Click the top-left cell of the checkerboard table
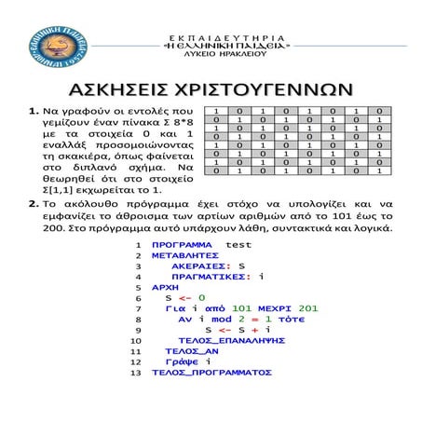(x=215, y=111)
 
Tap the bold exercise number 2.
(x=34, y=201)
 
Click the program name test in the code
(x=238, y=244)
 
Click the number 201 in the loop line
(x=308, y=308)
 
